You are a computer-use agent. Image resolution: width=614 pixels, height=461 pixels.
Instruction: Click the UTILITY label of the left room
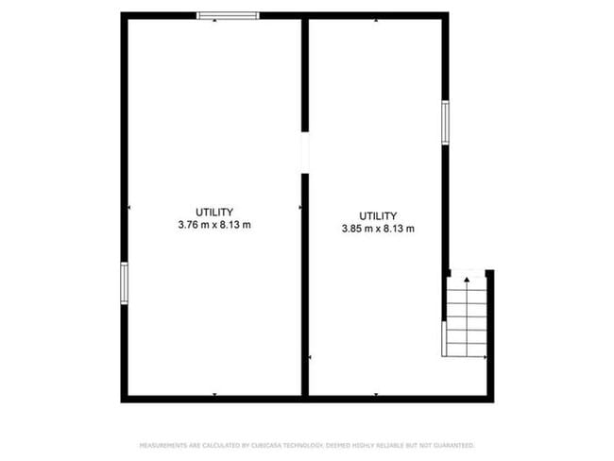click(x=214, y=212)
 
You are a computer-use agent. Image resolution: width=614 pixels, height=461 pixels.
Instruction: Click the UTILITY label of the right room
click(x=378, y=215)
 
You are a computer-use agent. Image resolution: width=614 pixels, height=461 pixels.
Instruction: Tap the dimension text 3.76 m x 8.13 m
click(x=214, y=225)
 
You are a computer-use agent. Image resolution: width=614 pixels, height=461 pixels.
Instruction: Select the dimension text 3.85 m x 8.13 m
click(x=378, y=229)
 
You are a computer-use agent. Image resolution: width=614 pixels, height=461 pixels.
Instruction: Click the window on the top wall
click(x=228, y=15)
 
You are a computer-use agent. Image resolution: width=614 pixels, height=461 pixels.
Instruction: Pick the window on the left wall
click(x=124, y=283)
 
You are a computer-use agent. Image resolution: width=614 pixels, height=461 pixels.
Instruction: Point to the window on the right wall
click(x=445, y=123)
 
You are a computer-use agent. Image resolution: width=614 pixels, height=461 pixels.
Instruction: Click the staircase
click(x=466, y=316)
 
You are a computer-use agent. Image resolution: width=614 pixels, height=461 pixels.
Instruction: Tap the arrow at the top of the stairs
click(x=467, y=281)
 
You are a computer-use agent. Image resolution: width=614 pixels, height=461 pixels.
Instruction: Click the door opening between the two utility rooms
click(x=305, y=153)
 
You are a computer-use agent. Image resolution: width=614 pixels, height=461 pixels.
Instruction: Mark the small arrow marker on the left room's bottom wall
click(x=214, y=394)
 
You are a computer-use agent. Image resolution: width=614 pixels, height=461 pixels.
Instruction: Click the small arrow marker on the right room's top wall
click(x=377, y=19)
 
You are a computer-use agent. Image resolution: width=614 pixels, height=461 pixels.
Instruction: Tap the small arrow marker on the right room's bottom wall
click(x=377, y=394)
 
